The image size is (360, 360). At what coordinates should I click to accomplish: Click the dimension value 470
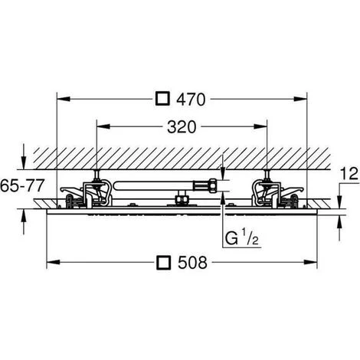pyautogui.click(x=191, y=100)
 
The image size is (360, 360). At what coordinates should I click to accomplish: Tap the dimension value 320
pyautogui.click(x=182, y=127)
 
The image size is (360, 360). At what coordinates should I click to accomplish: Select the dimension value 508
pyautogui.click(x=192, y=263)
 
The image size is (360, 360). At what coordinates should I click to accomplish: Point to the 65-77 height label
pyautogui.click(x=22, y=185)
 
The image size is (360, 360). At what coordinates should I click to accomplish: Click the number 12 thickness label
pyautogui.click(x=349, y=174)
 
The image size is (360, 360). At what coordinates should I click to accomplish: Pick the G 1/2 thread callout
pyautogui.click(x=241, y=237)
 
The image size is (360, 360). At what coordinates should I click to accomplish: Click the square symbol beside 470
pyautogui.click(x=162, y=99)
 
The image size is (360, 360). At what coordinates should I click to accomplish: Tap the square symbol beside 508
pyautogui.click(x=163, y=262)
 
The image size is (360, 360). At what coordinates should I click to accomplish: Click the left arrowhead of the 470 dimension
pyautogui.click(x=64, y=99)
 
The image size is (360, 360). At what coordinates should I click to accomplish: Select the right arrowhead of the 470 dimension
pyautogui.click(x=300, y=99)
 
